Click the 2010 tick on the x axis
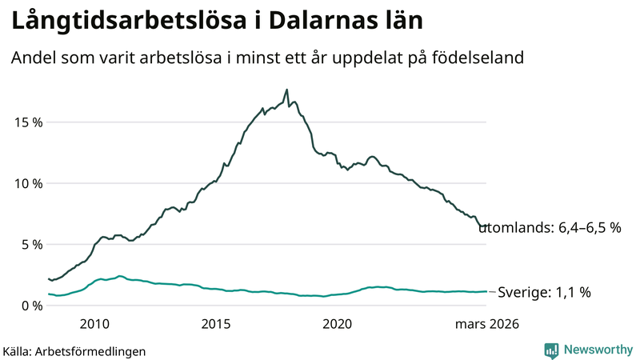coord(94,324)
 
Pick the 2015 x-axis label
coord(216,324)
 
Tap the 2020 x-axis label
coord(337,324)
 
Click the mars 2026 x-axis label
coord(487,324)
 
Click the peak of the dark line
coord(286,90)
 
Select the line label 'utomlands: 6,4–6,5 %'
coord(550,228)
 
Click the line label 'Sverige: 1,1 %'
coord(544,293)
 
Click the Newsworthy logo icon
coord(552,350)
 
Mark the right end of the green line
coord(486,291)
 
